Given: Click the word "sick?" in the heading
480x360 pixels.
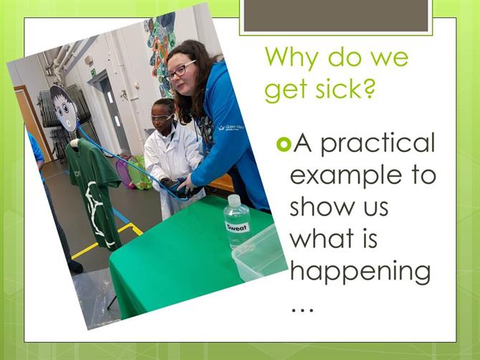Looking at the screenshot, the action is (x=345, y=89).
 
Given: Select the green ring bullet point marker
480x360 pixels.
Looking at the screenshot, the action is (x=284, y=144).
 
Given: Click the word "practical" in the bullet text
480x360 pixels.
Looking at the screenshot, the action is (x=378, y=144).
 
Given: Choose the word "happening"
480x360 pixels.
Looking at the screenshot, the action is (x=360, y=272).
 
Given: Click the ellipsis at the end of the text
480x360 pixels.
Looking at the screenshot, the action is (x=302, y=310).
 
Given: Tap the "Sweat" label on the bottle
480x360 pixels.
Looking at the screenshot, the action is (x=238, y=227).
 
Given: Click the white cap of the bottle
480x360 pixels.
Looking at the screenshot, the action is (x=234, y=200).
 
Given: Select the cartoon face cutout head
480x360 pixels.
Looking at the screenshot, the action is (x=63, y=108).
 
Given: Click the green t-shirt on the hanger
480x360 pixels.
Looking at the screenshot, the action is (x=92, y=190).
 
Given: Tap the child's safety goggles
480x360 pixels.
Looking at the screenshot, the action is (x=161, y=118).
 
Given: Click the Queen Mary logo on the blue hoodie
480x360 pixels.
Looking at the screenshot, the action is (x=231, y=127).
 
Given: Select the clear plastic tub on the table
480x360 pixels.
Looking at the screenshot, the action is (x=259, y=254).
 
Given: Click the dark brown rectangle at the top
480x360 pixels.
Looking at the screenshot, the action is (x=336, y=16).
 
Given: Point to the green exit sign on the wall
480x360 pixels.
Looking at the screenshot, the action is (x=93, y=72).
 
